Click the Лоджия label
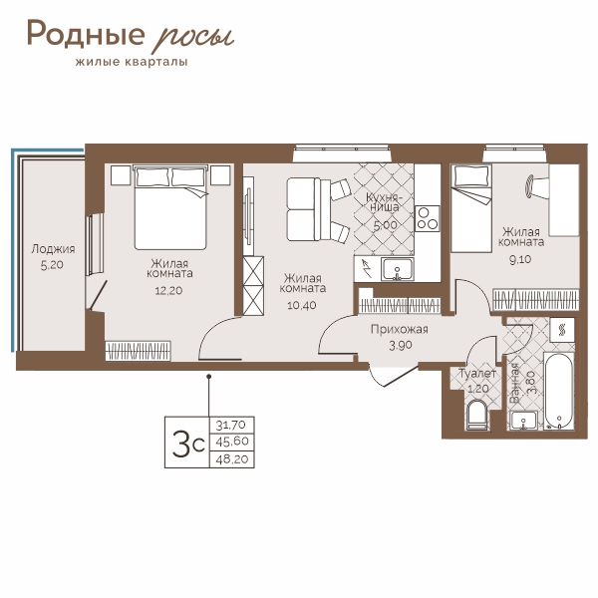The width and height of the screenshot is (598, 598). coord(53,249)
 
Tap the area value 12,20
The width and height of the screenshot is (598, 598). coord(168,291)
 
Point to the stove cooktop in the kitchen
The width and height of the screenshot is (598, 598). coord(428,218)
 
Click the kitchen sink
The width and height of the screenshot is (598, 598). coord(397,269)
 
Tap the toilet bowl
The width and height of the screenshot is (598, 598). coord(476,415)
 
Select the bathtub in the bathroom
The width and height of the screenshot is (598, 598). coord(559,392)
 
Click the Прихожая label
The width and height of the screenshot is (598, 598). coord(400,329)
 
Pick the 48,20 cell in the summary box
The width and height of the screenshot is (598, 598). coord(232,459)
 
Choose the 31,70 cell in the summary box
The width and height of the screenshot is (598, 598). coord(232,425)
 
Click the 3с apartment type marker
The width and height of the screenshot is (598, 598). coord(188,443)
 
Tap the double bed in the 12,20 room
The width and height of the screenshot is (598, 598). coord(170,207)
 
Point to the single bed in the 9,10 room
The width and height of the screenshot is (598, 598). coord(471,208)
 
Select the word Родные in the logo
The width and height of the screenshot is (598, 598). coord(86,34)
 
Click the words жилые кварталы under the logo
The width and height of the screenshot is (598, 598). coord(132,62)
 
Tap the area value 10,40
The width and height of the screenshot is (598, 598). coord(302,305)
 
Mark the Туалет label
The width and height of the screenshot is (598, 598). coord(477,374)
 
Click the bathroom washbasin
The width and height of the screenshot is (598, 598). coord(524,421)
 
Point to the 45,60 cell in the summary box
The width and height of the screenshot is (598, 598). coord(232,442)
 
